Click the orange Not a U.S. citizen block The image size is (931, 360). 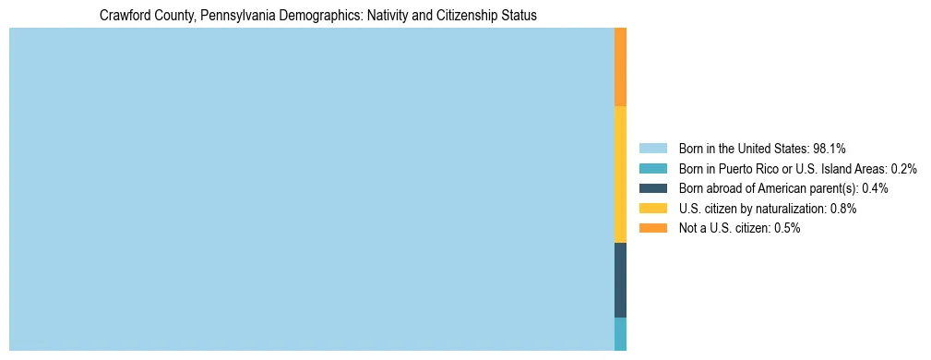pyautogui.click(x=620, y=66)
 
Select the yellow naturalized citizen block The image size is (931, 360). pyautogui.click(x=620, y=174)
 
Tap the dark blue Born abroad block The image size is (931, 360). pyautogui.click(x=620, y=280)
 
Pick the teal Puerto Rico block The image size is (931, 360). pyautogui.click(x=620, y=334)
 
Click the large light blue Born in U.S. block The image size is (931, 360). pyautogui.click(x=311, y=189)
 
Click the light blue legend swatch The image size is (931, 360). pyautogui.click(x=652, y=149)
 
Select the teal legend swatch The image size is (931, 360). pyautogui.click(x=652, y=169)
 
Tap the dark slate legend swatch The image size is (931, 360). pyautogui.click(x=652, y=188)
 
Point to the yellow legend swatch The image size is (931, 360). pyautogui.click(x=652, y=209)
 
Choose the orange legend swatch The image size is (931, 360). pyautogui.click(x=652, y=228)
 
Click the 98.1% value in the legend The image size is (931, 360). pyautogui.click(x=830, y=149)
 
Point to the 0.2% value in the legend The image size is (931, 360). pyautogui.click(x=903, y=169)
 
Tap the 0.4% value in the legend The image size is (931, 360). pyautogui.click(x=875, y=188)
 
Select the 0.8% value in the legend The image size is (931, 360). pyautogui.click(x=843, y=209)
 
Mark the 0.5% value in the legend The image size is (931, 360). pyautogui.click(x=787, y=228)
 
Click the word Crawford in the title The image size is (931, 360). pyautogui.click(x=123, y=16)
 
